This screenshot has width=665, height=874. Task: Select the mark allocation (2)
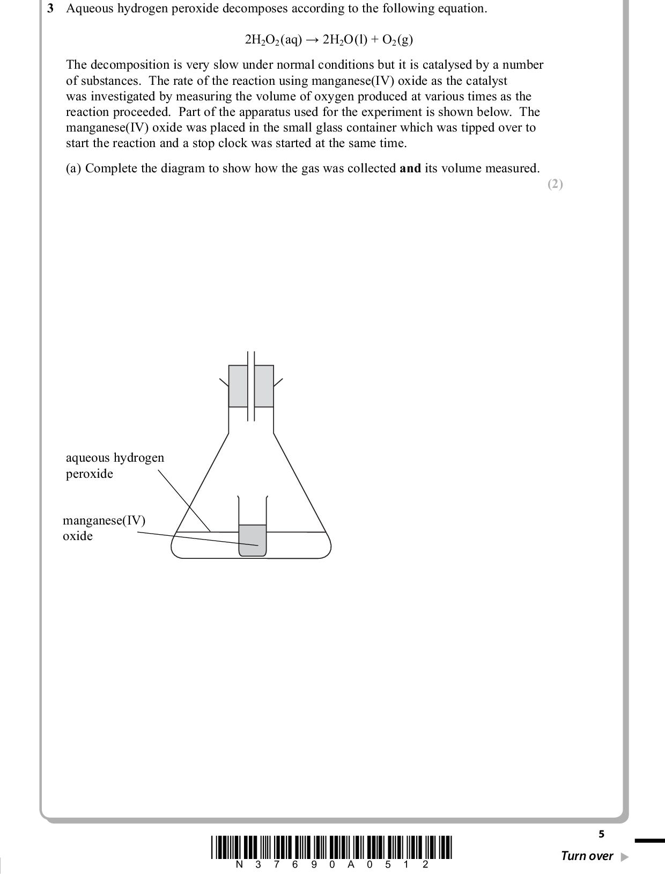[555, 184]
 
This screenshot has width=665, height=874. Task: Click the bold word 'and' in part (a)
[410, 169]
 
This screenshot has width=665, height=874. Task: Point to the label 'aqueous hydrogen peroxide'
[114, 465]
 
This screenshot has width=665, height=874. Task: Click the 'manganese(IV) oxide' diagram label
[104, 528]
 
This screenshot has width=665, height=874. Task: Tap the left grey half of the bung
[238, 386]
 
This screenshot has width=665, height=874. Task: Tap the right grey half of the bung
[264, 386]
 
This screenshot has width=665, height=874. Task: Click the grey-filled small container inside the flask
[252, 540]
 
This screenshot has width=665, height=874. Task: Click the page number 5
[601, 834]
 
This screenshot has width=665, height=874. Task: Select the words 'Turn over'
[587, 856]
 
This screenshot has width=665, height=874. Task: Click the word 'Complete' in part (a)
[109, 169]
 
